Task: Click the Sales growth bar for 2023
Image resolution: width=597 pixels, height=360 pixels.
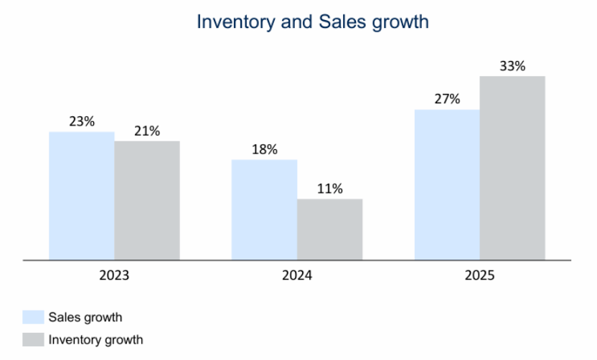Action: point(82,196)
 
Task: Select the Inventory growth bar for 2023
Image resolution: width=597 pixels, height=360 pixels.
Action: point(147,200)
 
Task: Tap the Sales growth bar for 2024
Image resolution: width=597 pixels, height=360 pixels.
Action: point(264,209)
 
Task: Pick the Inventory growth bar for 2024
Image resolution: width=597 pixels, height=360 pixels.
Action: point(329,229)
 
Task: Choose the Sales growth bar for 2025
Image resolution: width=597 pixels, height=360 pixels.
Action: point(447,184)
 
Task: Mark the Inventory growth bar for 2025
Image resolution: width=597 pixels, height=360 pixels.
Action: point(512,168)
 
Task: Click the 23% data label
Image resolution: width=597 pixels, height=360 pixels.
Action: point(82,121)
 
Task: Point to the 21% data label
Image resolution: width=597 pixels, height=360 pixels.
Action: point(147,131)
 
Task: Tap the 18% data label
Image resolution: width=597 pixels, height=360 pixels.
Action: point(264,149)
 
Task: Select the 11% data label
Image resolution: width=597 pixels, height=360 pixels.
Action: point(329,189)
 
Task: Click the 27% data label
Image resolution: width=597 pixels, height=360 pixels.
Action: point(447,99)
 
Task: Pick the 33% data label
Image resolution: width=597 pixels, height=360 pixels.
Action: point(512,66)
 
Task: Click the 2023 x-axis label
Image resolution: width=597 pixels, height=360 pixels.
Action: point(115,275)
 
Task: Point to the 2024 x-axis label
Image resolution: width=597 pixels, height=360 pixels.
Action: point(297,275)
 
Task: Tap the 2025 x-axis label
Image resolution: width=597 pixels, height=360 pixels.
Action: point(479,275)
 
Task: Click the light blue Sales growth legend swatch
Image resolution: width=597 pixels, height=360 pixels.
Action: point(33,317)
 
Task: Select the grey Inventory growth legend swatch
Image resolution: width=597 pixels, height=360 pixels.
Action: point(33,339)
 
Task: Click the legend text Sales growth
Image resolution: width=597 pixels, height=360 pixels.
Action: point(85,317)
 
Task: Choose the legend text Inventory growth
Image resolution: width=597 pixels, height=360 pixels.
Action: point(95,339)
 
